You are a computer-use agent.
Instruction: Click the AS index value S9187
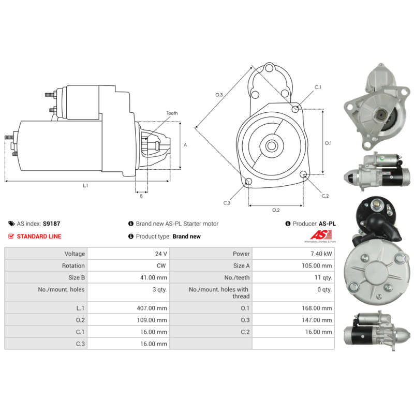(51, 224)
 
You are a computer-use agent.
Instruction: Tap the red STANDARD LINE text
(39, 236)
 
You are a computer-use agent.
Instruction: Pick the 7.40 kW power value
(321, 254)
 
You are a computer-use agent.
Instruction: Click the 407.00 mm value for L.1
(152, 308)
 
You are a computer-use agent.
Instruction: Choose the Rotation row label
(73, 265)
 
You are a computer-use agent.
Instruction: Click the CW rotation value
(161, 265)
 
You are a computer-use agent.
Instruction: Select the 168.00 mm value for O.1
(317, 308)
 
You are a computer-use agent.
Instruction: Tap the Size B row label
(77, 277)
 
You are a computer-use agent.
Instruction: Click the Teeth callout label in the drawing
(172, 113)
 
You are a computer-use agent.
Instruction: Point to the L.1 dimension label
(85, 186)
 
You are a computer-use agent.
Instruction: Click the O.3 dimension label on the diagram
(219, 95)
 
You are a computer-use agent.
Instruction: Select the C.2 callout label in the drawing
(325, 196)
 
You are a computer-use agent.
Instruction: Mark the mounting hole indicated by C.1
(295, 109)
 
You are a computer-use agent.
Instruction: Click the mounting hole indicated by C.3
(248, 182)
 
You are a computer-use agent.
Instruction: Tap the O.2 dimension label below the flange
(276, 210)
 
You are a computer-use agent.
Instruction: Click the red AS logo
(321, 235)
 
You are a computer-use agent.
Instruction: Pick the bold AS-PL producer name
(327, 224)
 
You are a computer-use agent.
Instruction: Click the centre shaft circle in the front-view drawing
(271, 146)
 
